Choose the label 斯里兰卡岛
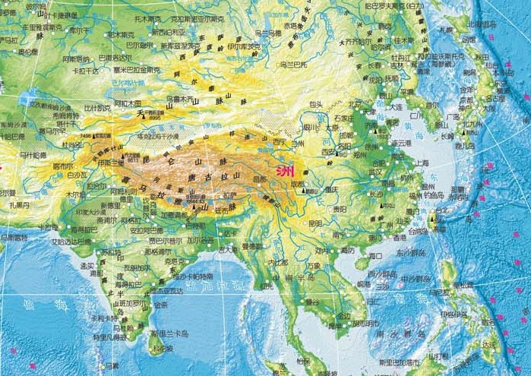[x=167, y=333]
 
